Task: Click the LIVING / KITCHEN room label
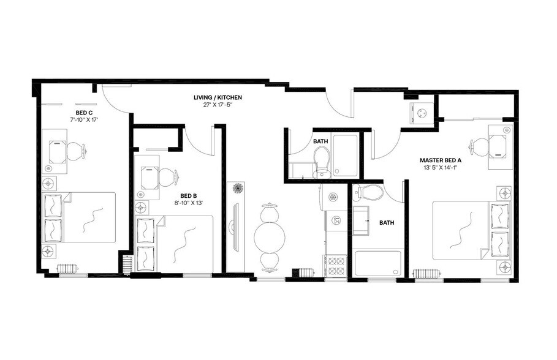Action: pos(218,97)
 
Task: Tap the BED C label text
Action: pos(84,113)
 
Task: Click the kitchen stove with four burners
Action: pos(336,266)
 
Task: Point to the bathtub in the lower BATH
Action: pos(376,264)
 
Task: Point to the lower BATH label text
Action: pos(387,223)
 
